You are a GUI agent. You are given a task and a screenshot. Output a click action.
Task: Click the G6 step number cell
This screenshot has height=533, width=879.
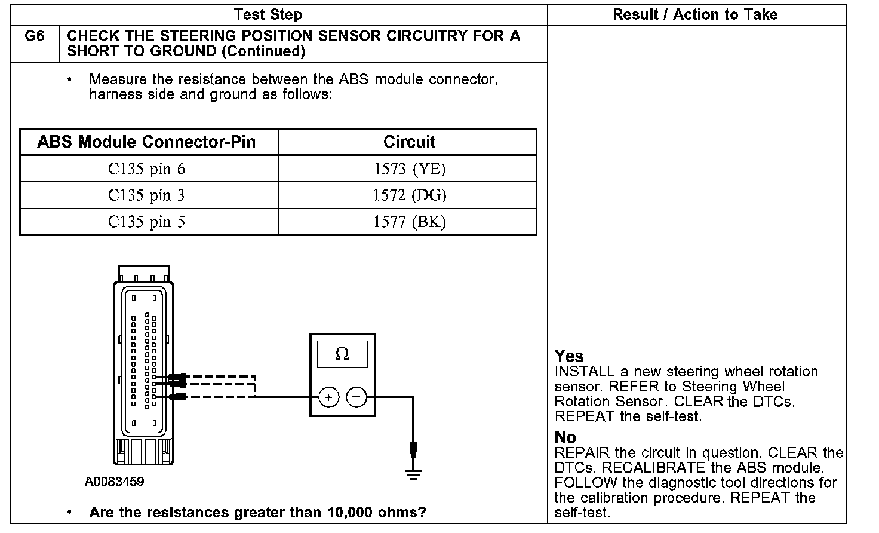[35, 43]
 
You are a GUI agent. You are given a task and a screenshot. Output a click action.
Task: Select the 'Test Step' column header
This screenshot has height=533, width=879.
[268, 14]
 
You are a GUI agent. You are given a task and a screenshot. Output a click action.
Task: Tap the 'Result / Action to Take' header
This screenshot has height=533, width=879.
[695, 14]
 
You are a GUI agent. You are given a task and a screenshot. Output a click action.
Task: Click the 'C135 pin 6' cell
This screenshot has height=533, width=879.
[147, 169]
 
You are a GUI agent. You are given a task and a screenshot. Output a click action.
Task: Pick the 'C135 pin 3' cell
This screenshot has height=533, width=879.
[147, 195]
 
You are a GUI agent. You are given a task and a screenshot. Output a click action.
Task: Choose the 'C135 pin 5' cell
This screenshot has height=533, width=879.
[147, 222]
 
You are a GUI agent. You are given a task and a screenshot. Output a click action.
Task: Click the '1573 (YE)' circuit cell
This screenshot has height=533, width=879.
[410, 169]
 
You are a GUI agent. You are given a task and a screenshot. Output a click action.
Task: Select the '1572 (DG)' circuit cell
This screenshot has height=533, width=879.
[410, 195]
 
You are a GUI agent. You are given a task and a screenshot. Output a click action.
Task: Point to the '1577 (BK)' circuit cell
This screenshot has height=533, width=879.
[410, 222]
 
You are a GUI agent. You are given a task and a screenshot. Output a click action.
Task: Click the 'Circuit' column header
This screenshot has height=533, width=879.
[409, 142]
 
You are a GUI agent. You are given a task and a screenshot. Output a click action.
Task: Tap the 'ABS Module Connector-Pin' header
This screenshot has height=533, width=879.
[146, 142]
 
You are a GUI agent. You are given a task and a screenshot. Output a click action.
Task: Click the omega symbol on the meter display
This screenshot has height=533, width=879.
[342, 354]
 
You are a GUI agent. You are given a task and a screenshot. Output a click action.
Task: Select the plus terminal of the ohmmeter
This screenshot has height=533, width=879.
[328, 397]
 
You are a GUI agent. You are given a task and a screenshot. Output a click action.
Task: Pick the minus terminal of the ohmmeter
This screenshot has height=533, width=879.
[356, 397]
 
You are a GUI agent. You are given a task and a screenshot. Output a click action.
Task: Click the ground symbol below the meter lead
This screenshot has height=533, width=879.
[413, 474]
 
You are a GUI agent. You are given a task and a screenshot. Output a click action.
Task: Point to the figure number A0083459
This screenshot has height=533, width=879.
[114, 482]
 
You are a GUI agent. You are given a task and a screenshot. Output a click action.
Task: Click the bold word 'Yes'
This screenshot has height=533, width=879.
[568, 356]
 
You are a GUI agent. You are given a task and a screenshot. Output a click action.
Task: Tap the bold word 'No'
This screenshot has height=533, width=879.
[565, 437]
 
